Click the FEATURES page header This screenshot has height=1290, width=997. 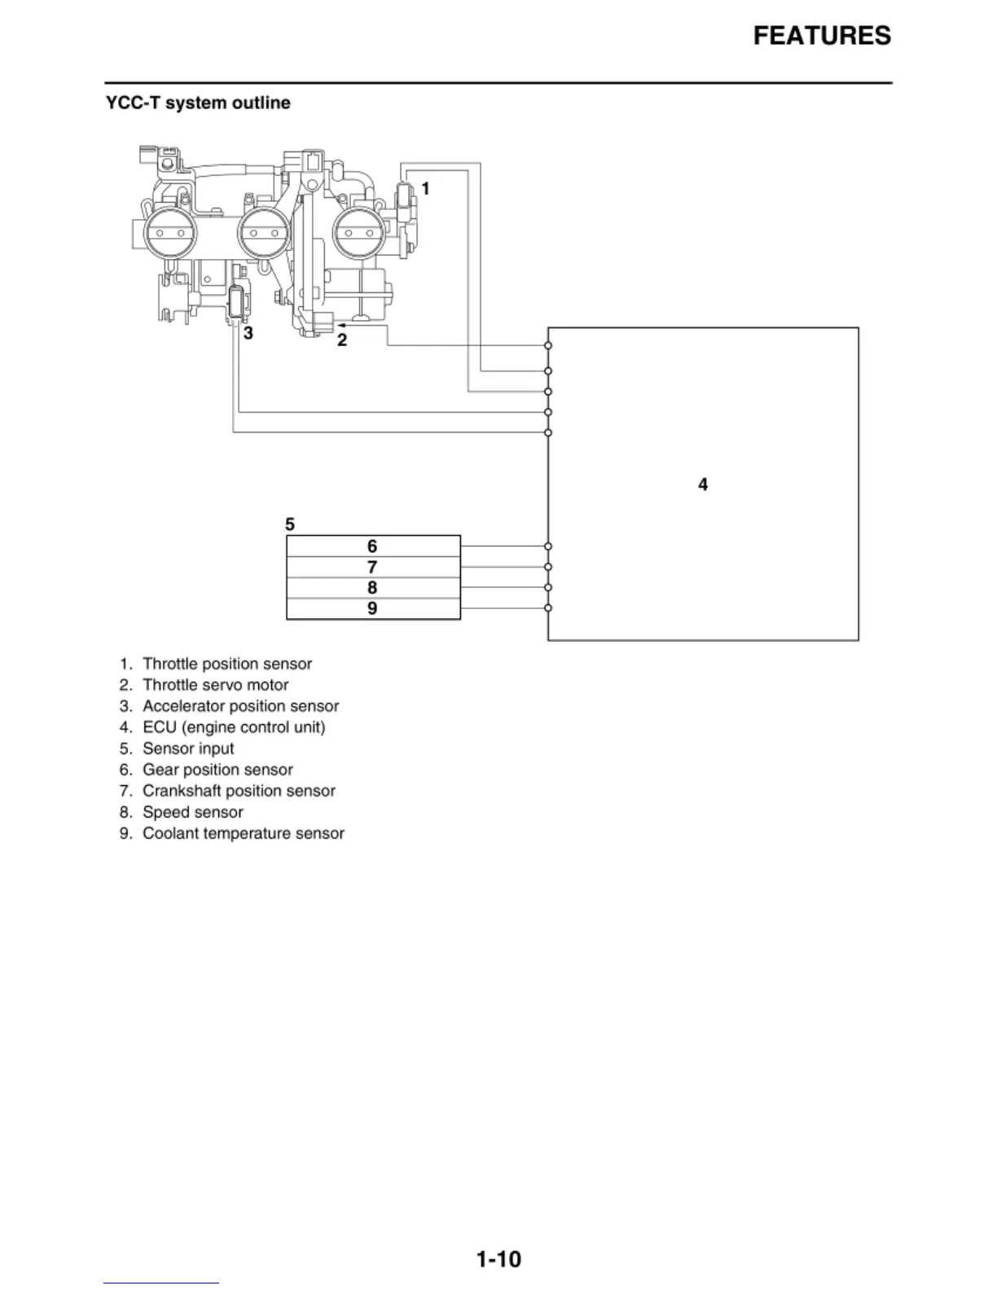[x=821, y=36]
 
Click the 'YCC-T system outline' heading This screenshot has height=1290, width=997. [x=198, y=103]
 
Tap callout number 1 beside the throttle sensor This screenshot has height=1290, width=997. [x=425, y=189]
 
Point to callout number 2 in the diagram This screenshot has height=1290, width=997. [x=342, y=340]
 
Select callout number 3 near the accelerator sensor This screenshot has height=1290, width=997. [x=248, y=333]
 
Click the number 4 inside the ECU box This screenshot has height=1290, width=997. [x=703, y=485]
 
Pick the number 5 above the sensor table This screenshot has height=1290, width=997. [x=290, y=524]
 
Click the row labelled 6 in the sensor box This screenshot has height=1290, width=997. [x=372, y=546]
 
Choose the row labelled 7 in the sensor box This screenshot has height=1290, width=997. [x=372, y=567]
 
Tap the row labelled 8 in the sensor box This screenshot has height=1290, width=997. [x=372, y=588]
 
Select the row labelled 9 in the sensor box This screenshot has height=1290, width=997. [x=372, y=608]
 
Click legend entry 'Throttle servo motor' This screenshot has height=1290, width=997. [x=215, y=685]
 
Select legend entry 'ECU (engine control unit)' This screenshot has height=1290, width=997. [x=234, y=727]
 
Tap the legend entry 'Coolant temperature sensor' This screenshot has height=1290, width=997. [x=243, y=833]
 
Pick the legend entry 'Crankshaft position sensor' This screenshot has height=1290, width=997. [x=239, y=791]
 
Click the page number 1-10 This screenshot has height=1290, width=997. [x=498, y=1259]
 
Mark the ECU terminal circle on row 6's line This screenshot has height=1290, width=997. [x=548, y=546]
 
